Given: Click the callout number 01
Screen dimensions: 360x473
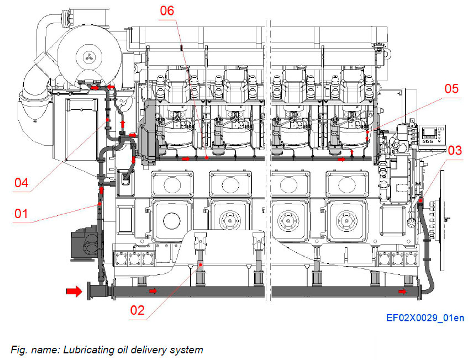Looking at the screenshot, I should click(x=20, y=213).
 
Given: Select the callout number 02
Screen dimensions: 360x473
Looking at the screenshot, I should click(x=137, y=310).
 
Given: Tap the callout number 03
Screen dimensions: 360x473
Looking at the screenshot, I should click(x=455, y=150).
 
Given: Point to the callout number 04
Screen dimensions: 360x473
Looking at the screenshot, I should click(x=22, y=182).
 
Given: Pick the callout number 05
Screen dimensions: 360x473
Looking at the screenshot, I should click(x=452, y=88).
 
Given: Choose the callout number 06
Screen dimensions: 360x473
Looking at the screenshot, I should click(x=167, y=10).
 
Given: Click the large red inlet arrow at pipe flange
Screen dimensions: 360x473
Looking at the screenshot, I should click(x=73, y=291).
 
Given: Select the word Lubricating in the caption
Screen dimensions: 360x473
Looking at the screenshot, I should click(x=86, y=350).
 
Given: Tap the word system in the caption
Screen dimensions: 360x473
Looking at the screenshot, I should click(x=188, y=350).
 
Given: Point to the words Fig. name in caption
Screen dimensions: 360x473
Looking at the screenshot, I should click(x=28, y=350).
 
